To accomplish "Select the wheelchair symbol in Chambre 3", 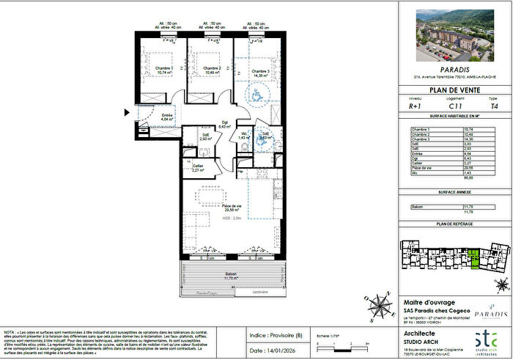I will [x=257, y=94].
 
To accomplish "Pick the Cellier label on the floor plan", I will [x=197, y=167].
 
